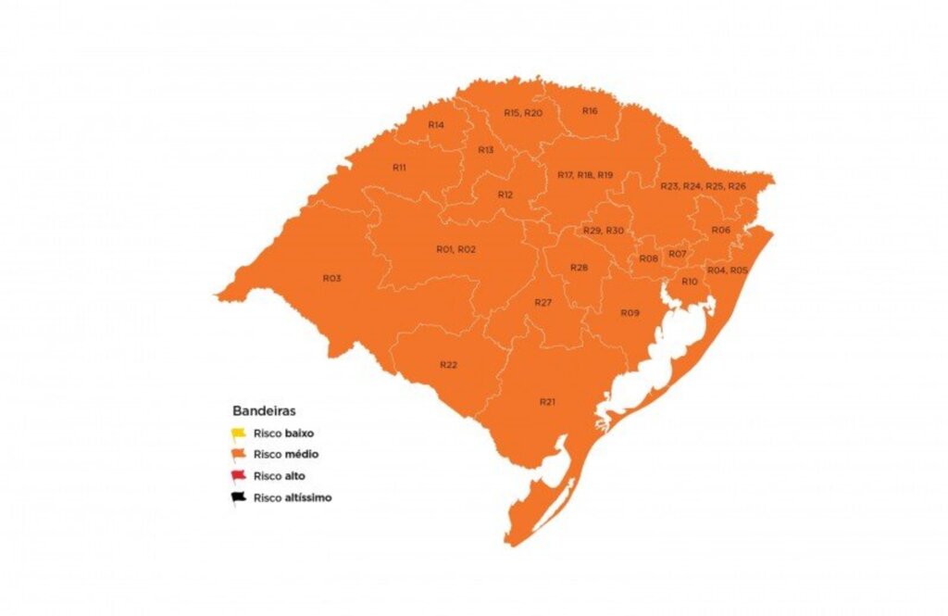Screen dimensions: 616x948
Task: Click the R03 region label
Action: tap(332, 278)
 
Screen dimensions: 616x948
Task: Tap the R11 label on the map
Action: tap(400, 168)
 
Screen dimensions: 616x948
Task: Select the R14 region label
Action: tap(436, 124)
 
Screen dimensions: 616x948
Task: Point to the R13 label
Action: tap(485, 150)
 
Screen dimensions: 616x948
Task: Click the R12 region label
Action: tap(505, 195)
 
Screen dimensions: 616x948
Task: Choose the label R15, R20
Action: tap(523, 112)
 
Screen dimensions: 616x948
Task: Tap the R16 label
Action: tap(590, 110)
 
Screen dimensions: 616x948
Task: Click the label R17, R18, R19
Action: tap(585, 175)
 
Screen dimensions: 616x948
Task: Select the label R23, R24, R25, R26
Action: tap(703, 186)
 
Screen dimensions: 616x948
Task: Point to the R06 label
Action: tap(721, 230)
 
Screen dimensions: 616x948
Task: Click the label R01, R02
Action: tap(455, 249)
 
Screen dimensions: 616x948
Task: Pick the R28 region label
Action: tap(579, 267)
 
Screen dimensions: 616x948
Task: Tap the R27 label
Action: tap(543, 303)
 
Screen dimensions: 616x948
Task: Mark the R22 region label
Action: tap(449, 364)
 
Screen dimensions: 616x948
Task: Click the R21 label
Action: tap(548, 401)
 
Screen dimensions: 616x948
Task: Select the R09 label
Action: tap(630, 313)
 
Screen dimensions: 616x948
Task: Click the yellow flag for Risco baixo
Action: tap(238, 433)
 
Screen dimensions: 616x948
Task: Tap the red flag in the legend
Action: tap(238, 476)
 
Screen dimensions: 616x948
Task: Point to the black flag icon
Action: tap(238, 497)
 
